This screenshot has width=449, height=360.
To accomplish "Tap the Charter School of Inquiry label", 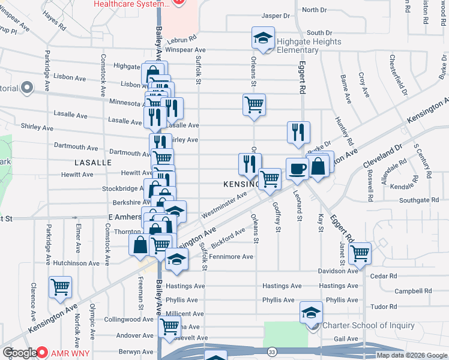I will click(x=368, y=326).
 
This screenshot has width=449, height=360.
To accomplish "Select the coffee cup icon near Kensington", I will click(x=297, y=169).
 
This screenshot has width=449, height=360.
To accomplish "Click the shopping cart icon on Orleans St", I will click(x=255, y=104).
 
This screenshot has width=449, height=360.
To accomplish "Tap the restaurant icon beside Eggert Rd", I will click(x=298, y=133).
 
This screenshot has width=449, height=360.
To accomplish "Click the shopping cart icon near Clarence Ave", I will click(x=60, y=288).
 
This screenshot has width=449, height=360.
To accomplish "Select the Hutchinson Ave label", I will click(x=76, y=263).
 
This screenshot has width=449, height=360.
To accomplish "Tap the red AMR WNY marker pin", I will click(x=42, y=352).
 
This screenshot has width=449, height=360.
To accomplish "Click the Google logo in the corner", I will click(x=20, y=353).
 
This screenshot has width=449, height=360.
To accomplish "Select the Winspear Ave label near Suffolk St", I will click(x=185, y=50).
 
